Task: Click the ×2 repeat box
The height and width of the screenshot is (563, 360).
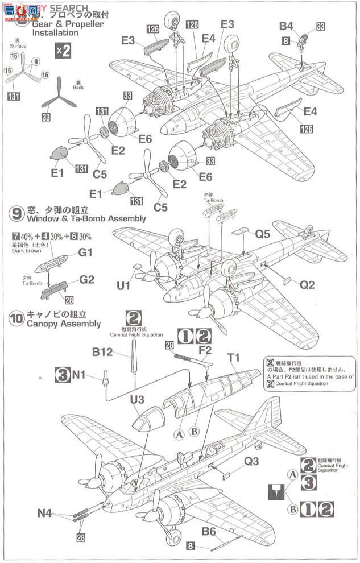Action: pos(63,51)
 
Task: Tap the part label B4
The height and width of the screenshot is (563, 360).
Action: pos(286,26)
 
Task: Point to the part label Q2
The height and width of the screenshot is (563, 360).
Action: pos(307,285)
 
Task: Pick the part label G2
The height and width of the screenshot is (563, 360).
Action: pos(86,280)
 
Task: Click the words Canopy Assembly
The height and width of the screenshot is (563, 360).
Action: pos(64,324)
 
